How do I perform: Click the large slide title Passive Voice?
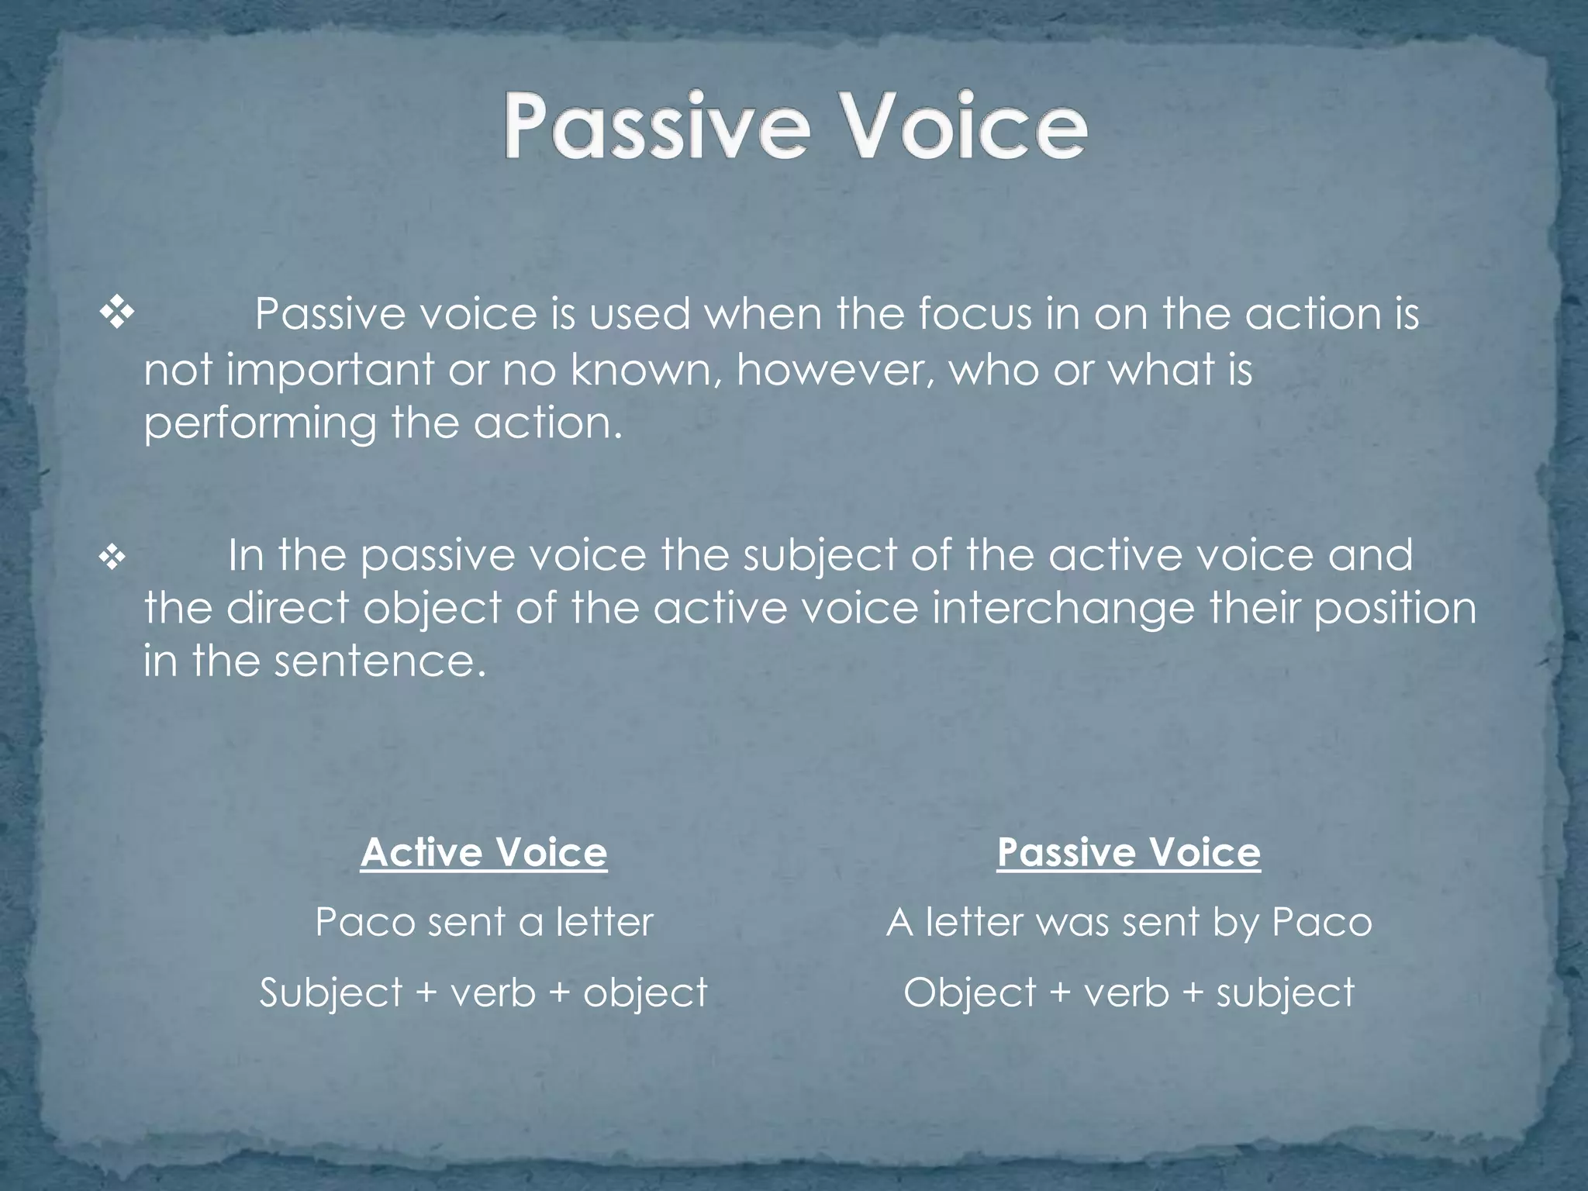click(796, 126)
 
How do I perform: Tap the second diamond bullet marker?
click(113, 557)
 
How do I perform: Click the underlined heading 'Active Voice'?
click(484, 852)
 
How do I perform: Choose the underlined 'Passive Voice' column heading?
click(1128, 852)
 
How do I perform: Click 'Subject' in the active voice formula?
click(331, 993)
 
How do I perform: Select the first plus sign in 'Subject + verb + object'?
click(426, 993)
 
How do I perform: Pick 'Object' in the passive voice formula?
click(969, 993)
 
